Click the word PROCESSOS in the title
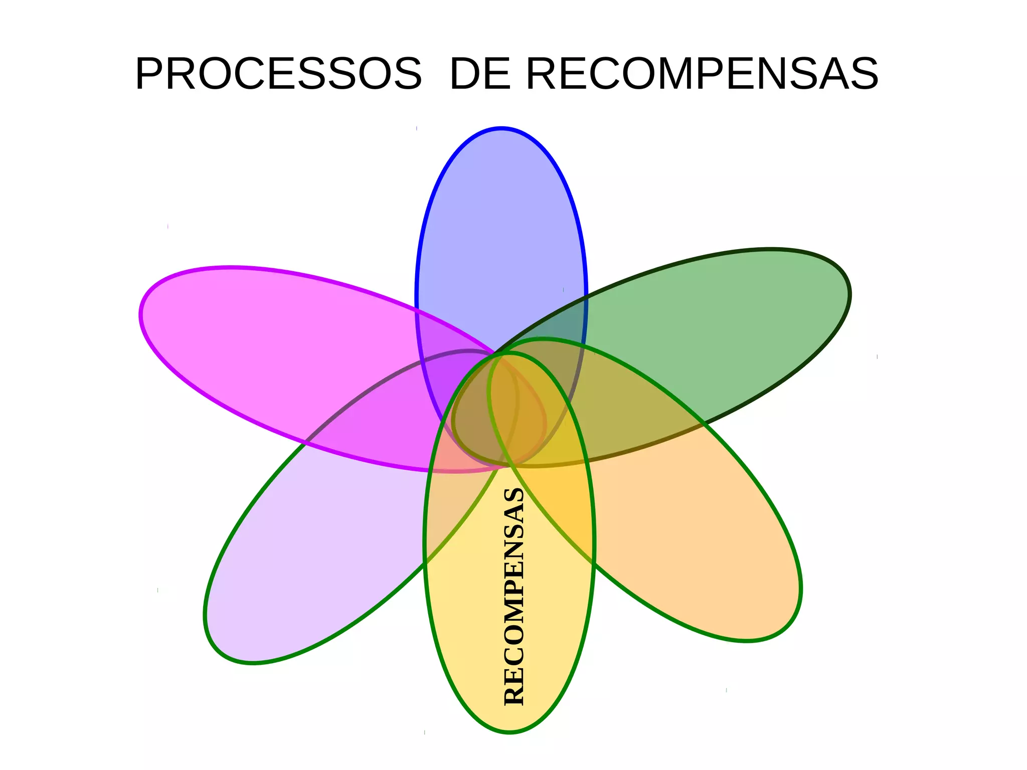[278, 74]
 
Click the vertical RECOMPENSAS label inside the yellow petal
[515, 597]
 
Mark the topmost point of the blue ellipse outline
[501, 128]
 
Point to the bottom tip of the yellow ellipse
[509, 733]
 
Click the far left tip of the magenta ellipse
[141, 316]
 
